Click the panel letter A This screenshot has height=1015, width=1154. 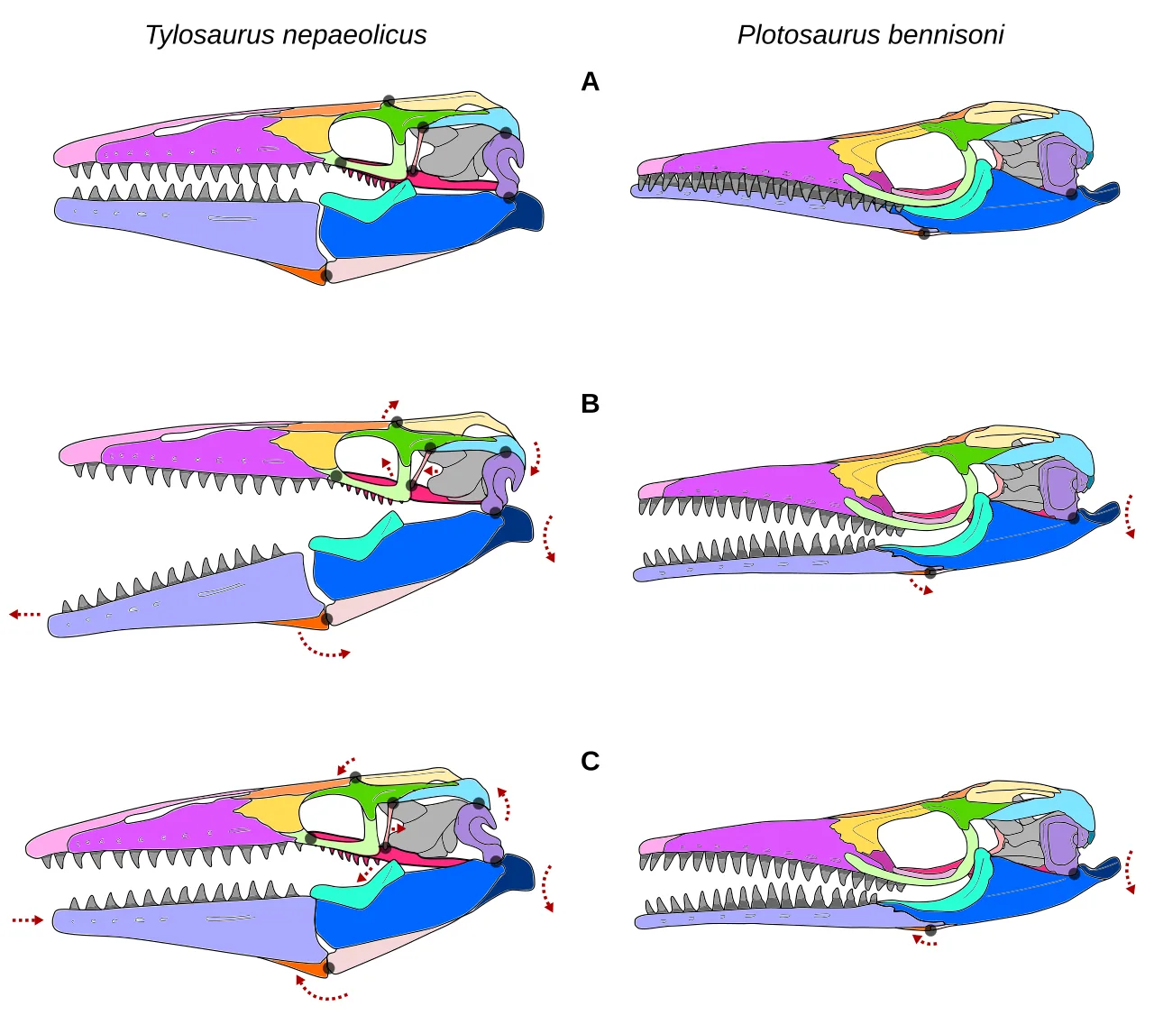(590, 82)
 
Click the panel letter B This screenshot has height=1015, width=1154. (590, 403)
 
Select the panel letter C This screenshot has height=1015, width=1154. (590, 761)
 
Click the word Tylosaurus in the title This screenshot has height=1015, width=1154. (210, 35)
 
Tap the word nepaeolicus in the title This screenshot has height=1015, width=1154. (354, 35)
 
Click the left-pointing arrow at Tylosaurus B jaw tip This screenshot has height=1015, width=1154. (25, 614)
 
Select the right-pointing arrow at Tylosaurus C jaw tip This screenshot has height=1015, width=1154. (28, 919)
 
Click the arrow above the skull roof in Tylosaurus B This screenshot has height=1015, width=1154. (389, 408)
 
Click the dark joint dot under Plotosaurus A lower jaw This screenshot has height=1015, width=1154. (924, 233)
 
